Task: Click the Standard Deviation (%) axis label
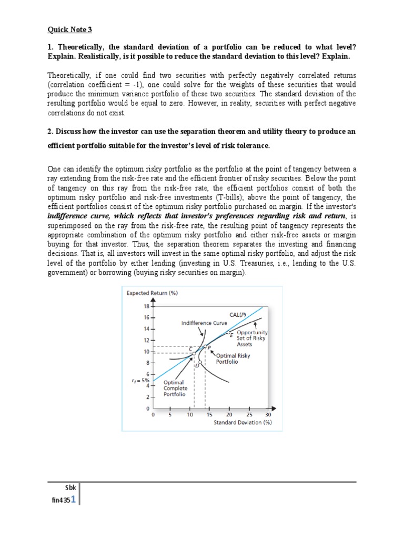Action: (x=243, y=422)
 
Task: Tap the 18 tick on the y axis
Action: (x=146, y=306)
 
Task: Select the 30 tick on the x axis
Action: (x=268, y=414)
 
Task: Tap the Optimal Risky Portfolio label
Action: (x=234, y=358)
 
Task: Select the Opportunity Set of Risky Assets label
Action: (x=252, y=338)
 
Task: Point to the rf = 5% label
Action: (x=141, y=380)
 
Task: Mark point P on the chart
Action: (x=209, y=347)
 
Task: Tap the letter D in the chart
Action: (x=197, y=365)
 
